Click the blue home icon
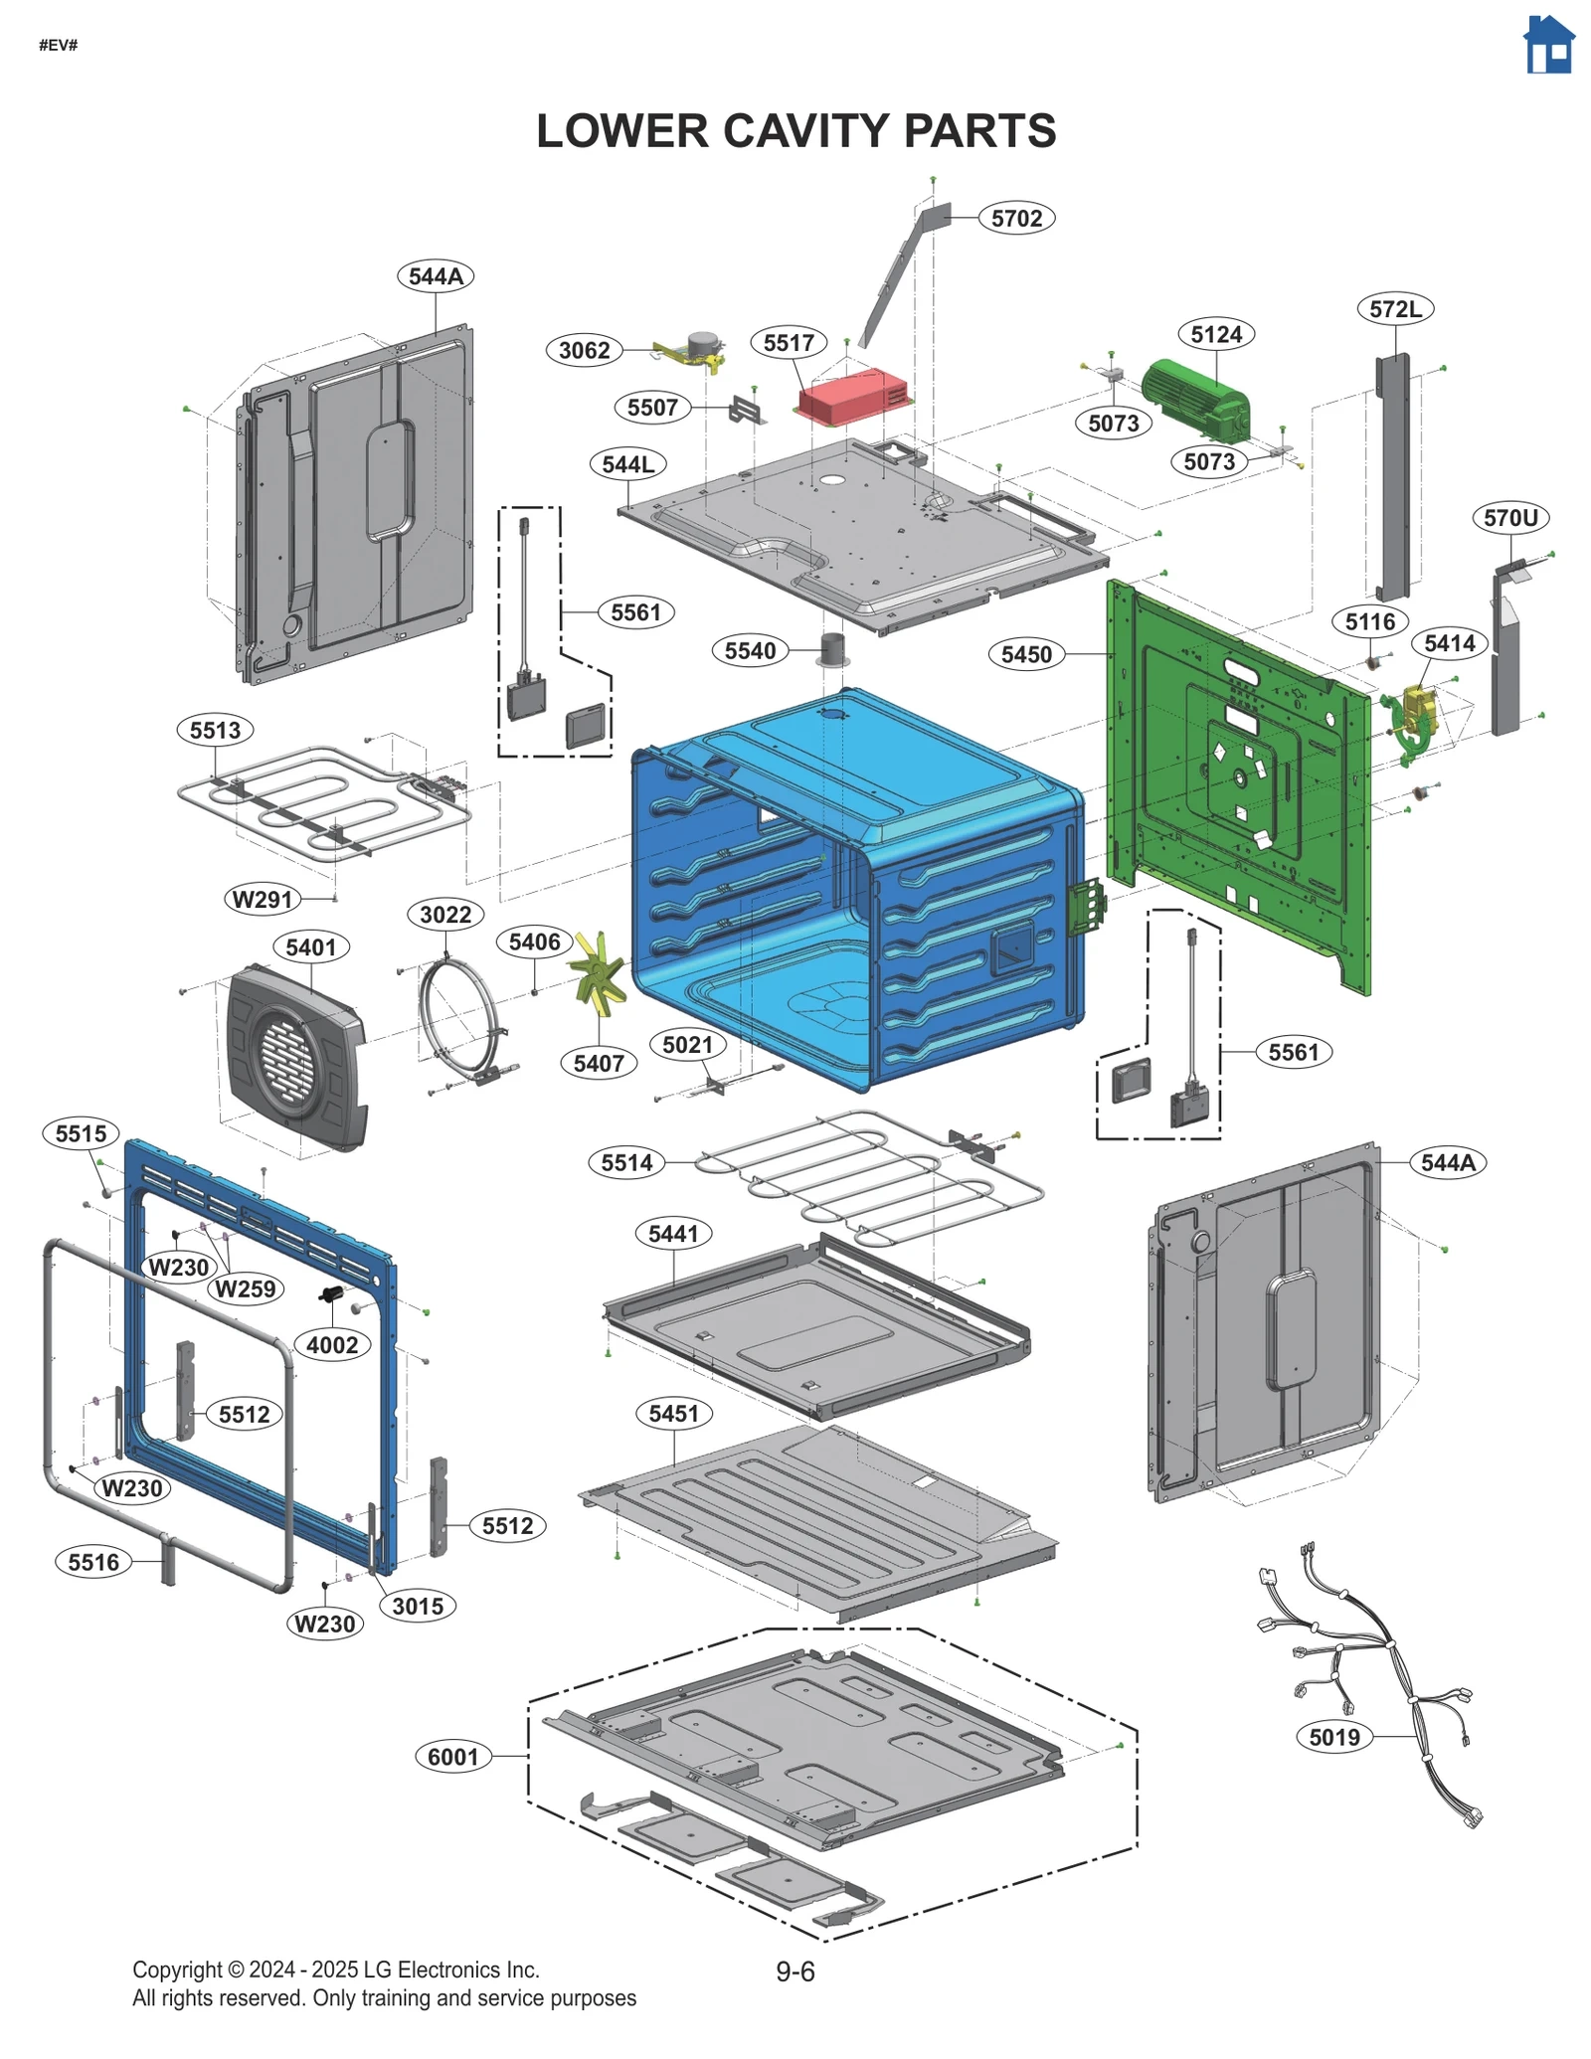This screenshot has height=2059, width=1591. click(1548, 46)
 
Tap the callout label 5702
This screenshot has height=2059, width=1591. click(1015, 218)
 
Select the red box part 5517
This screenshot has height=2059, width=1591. click(854, 396)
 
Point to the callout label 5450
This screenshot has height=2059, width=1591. click(1025, 654)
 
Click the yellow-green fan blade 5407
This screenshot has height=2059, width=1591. click(598, 974)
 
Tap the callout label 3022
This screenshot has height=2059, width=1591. click(444, 914)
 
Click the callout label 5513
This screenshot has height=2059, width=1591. click(215, 730)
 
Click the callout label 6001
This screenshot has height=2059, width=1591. click(452, 1757)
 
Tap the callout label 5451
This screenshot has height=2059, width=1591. click(673, 1413)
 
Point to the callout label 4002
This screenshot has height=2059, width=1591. click(331, 1345)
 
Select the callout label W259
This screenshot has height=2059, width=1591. click(245, 1288)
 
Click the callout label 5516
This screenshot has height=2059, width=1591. click(93, 1562)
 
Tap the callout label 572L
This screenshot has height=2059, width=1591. click(1394, 309)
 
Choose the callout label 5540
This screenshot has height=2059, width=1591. click(749, 651)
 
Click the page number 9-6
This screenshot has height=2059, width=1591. click(795, 1972)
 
